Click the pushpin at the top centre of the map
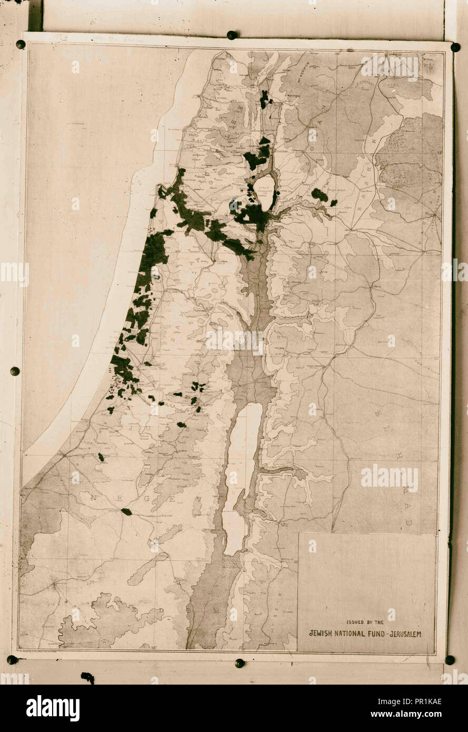[231, 35]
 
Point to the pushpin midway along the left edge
[15, 371]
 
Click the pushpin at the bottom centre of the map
[240, 662]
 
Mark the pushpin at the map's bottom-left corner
[12, 659]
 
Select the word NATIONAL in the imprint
[356, 634]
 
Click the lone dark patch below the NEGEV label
[126, 511]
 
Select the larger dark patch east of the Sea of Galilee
[319, 195]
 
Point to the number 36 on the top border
[336, 54]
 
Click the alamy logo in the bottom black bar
[53, 708]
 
